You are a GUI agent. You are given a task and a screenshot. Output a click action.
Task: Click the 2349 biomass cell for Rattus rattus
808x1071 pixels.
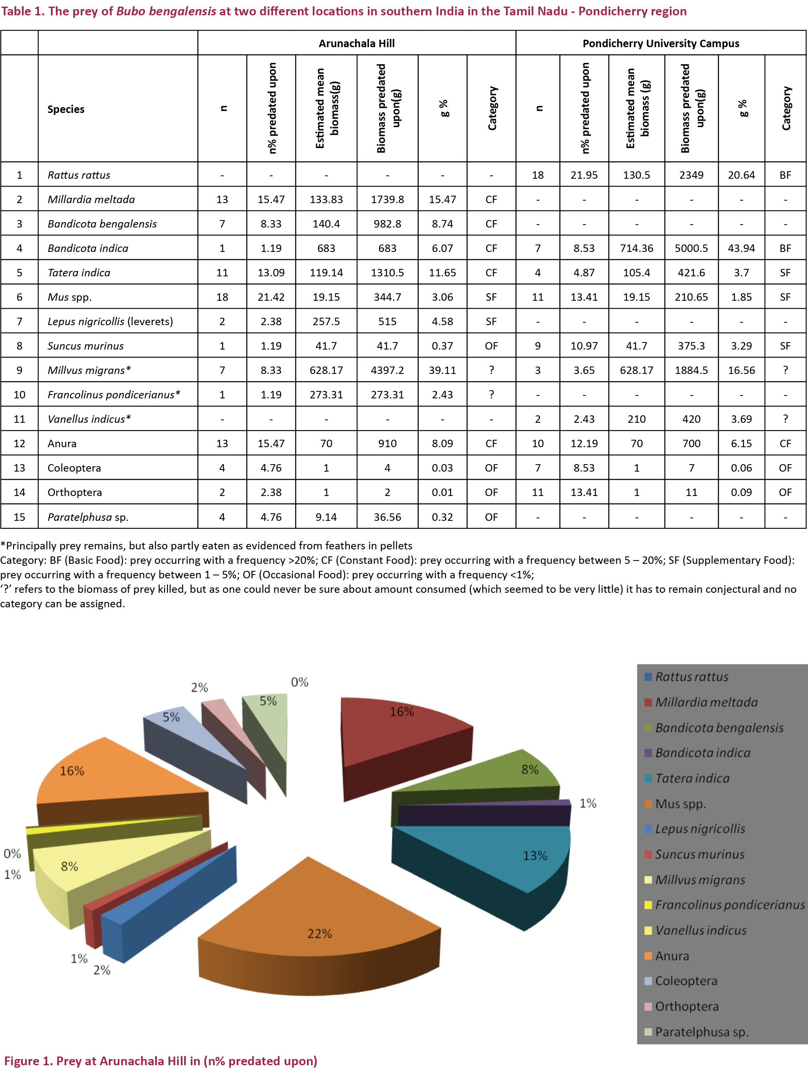point(691,175)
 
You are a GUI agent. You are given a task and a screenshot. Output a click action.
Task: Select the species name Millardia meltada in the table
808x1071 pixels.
point(91,199)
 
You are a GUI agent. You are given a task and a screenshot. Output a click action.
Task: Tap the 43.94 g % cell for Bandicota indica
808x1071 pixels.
point(741,248)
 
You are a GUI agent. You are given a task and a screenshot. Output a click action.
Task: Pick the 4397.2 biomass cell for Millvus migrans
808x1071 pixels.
point(387,370)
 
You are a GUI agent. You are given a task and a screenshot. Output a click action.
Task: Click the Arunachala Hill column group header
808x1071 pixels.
point(356,43)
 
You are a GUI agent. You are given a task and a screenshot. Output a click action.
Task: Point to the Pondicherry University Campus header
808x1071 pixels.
point(661,43)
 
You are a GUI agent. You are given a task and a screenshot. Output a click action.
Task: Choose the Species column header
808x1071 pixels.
point(66,110)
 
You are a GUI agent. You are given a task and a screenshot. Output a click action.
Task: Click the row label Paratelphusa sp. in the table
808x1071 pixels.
point(88,517)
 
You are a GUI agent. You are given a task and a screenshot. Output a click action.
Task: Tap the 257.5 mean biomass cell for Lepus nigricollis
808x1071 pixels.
point(326,321)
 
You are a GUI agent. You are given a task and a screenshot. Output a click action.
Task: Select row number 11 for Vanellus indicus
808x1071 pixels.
point(19,419)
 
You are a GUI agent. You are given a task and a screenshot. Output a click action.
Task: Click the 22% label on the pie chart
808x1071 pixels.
point(319,934)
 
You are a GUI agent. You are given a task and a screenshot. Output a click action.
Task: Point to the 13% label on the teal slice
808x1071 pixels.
point(535,855)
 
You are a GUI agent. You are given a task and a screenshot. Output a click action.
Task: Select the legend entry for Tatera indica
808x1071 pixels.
point(692,779)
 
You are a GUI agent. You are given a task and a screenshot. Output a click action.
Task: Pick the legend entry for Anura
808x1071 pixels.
point(671,956)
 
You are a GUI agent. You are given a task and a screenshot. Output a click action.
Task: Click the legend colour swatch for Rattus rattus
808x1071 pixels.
point(648,677)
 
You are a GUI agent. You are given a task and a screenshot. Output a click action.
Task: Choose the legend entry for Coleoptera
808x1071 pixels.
point(686,981)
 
